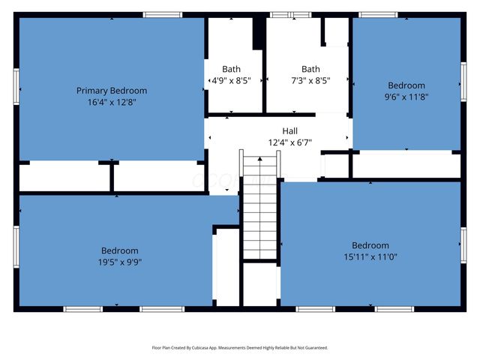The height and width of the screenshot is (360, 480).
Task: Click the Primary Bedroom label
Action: (x=111, y=91)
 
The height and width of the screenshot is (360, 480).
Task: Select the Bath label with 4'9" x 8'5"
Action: (x=232, y=69)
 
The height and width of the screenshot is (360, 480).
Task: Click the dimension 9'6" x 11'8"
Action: (x=406, y=96)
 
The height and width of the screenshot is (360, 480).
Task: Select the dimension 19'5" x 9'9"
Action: (x=120, y=262)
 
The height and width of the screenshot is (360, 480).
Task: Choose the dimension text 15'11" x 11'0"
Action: (x=370, y=256)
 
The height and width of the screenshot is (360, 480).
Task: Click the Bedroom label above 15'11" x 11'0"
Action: (x=370, y=245)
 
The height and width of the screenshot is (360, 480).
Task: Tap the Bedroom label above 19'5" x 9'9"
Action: (x=120, y=250)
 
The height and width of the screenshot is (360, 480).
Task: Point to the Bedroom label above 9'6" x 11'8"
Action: (x=406, y=85)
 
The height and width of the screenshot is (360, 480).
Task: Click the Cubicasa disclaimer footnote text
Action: (x=240, y=348)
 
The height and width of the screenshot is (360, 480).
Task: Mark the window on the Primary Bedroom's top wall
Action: (x=163, y=15)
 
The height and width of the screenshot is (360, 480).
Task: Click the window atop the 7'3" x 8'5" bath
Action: (x=290, y=15)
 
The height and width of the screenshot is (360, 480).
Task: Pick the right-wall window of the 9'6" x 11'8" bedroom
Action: (x=463, y=82)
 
